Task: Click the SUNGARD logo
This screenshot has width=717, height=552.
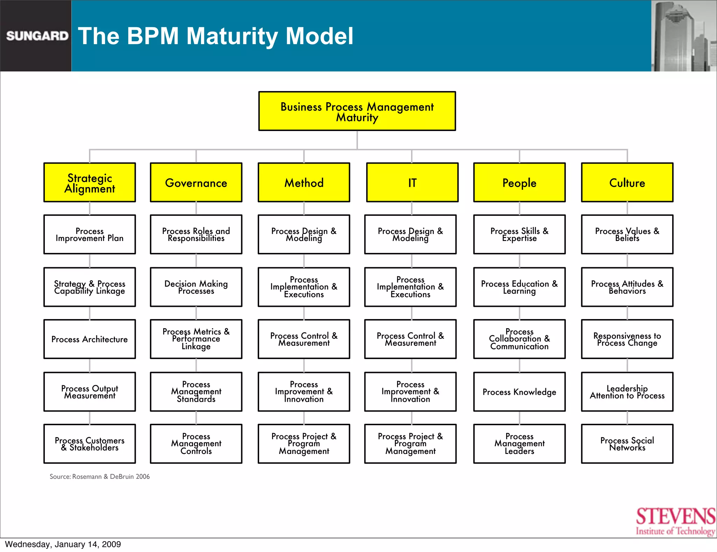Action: (37, 36)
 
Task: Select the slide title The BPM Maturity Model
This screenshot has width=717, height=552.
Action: (215, 36)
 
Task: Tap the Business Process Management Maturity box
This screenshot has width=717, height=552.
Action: (357, 111)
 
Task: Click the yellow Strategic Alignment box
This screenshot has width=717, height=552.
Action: (90, 182)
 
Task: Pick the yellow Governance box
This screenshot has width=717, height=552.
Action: (196, 182)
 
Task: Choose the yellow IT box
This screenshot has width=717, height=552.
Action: (412, 182)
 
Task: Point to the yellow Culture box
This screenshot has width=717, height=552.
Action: (627, 182)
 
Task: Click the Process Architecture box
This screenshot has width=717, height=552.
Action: (90, 339)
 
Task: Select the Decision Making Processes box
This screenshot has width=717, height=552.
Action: (196, 287)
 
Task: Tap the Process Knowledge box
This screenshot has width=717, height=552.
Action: (519, 392)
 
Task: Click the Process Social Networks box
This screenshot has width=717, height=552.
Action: (627, 444)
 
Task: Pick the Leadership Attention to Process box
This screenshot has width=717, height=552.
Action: (627, 392)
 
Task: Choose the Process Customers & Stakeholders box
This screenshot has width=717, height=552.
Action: (90, 444)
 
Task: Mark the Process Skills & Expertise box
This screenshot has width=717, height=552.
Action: (519, 234)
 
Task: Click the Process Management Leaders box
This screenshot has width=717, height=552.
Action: (519, 444)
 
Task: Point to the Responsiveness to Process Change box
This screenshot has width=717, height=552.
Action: (627, 339)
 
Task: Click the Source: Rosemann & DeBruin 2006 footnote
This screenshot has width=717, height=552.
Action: (99, 476)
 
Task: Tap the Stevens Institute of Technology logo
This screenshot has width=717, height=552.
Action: (675, 522)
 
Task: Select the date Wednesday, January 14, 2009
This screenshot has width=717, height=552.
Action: (63, 544)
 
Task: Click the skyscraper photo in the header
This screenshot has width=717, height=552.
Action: (683, 36)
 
